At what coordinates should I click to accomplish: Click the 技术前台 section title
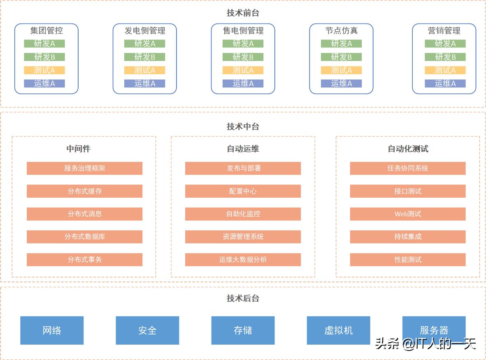[243, 13]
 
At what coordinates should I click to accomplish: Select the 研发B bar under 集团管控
[44, 57]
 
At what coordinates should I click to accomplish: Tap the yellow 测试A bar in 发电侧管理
[144, 70]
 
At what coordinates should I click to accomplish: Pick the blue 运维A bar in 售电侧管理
[243, 83]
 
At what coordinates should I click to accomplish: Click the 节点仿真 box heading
[341, 30]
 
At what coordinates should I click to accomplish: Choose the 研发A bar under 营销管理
[445, 44]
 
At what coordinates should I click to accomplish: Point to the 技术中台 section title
[243, 126]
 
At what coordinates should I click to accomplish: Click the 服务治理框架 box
[84, 168]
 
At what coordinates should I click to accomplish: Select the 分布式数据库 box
[84, 236]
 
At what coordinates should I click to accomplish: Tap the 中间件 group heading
[78, 149]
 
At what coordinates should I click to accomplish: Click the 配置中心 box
[243, 191]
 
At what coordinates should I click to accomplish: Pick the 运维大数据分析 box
[243, 259]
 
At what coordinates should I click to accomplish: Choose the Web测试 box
[407, 214]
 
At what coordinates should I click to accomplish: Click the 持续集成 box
[407, 236]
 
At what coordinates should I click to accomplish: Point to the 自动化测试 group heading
[408, 149]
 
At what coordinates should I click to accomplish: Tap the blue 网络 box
[52, 330]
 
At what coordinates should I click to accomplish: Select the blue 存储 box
[243, 330]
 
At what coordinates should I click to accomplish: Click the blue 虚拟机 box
[338, 330]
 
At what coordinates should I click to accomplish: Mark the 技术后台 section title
[243, 298]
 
